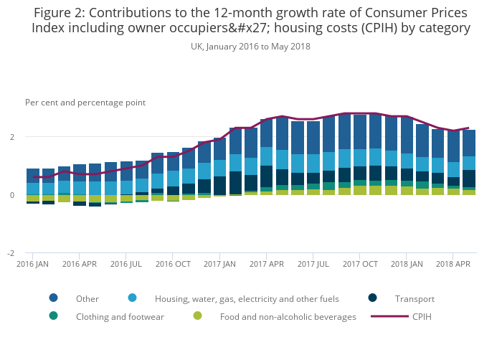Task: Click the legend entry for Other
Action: [87, 298]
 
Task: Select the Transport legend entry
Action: [415, 298]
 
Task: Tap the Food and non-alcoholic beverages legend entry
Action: [288, 316]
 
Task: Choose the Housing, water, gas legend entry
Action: [247, 298]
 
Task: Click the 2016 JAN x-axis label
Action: [33, 264]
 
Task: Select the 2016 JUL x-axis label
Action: [126, 264]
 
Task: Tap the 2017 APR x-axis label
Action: [267, 264]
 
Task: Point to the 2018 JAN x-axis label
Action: [407, 264]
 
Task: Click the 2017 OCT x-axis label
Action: [361, 264]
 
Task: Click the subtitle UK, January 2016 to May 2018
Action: [250, 46]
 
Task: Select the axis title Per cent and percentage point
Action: [85, 103]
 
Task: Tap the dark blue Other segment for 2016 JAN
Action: [33, 176]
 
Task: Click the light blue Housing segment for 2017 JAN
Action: [220, 169]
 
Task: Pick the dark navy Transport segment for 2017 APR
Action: [267, 176]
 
